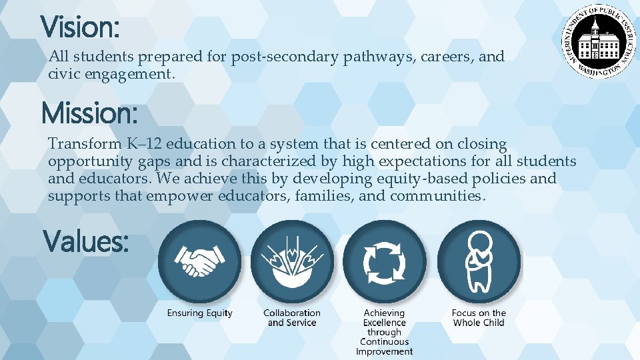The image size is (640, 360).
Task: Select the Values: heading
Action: [86, 241]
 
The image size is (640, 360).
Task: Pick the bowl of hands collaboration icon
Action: [292, 262]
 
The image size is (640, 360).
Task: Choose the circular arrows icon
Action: [384, 262]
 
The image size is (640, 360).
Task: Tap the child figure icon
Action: [479, 262]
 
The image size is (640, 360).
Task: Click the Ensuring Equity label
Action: [200, 313]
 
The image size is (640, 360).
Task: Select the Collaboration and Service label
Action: [292, 318]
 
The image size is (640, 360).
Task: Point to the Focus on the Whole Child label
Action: [479, 318]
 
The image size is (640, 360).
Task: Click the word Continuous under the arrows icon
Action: [384, 342]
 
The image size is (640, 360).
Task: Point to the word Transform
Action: [75, 144]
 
